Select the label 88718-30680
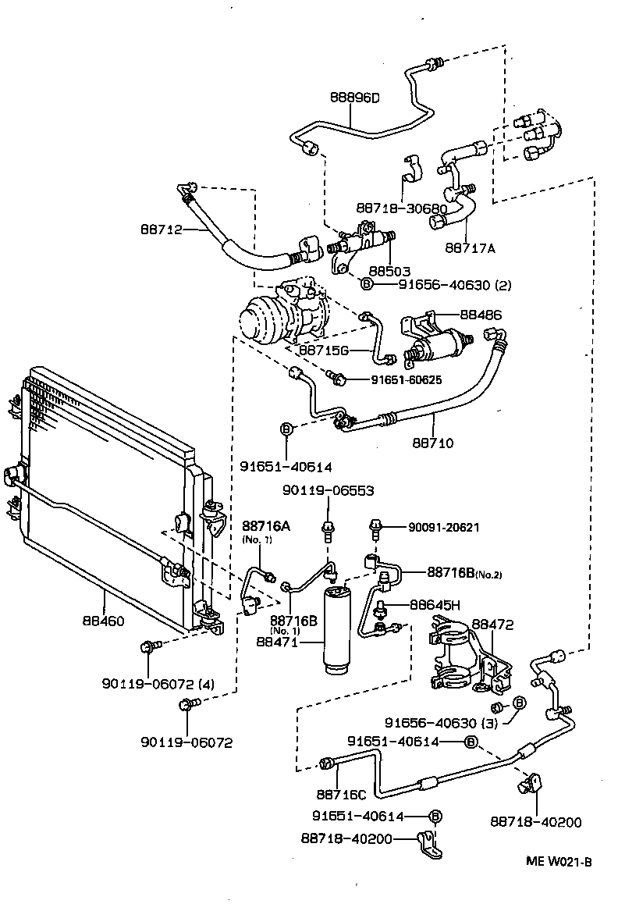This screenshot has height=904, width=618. click(401, 209)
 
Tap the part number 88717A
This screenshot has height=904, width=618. click(471, 248)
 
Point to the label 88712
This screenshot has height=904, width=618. click(162, 230)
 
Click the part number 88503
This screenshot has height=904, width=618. click(389, 272)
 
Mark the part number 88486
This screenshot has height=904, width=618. click(481, 315)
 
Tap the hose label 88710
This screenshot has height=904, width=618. click(433, 443)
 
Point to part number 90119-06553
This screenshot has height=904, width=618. click(328, 491)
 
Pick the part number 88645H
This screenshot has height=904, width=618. click(435, 605)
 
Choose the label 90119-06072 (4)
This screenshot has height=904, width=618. click(158, 684)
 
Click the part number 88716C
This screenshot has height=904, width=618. click(340, 794)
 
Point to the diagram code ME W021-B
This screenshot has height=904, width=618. click(559, 862)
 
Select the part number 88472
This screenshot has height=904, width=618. click(493, 625)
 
